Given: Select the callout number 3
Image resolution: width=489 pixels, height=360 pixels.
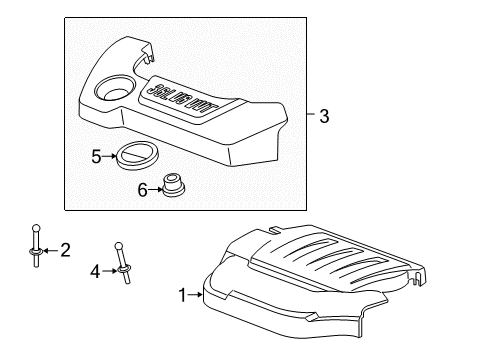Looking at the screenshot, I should coord(324,116).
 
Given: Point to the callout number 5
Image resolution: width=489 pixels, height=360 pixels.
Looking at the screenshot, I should coord(97,156).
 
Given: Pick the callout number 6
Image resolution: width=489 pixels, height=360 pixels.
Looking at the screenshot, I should coord(142,189).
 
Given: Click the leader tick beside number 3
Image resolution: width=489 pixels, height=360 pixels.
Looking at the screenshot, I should coord(307,116).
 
